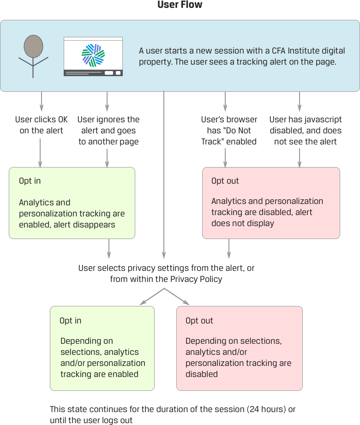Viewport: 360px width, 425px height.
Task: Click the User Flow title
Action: [x=180, y=5]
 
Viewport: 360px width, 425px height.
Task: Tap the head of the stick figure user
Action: [x=33, y=46]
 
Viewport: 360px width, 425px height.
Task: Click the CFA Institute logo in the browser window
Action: [x=93, y=55]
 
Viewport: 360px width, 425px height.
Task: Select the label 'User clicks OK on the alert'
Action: [x=41, y=125]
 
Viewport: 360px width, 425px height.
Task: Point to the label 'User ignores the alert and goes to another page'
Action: [x=108, y=131]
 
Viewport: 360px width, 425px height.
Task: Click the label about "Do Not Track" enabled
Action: [x=228, y=131]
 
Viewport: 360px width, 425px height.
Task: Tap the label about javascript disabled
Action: [x=306, y=131]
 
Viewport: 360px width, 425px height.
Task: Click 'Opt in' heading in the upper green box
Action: [x=30, y=181]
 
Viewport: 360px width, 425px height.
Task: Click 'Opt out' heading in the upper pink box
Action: [x=225, y=181]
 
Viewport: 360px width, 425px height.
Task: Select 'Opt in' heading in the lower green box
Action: [x=70, y=321]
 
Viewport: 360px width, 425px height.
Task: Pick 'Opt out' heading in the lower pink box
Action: [x=199, y=321]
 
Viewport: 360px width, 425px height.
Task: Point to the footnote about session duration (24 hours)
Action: [x=173, y=414]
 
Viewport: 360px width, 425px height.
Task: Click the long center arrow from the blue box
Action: [x=164, y=175]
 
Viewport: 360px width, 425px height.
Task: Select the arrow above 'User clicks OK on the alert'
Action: [x=42, y=102]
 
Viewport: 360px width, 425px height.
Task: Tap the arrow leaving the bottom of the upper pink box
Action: [x=228, y=249]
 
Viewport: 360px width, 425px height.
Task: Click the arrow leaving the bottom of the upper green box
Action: [x=109, y=249]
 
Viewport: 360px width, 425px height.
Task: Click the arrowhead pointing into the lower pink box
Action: [x=186, y=302]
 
